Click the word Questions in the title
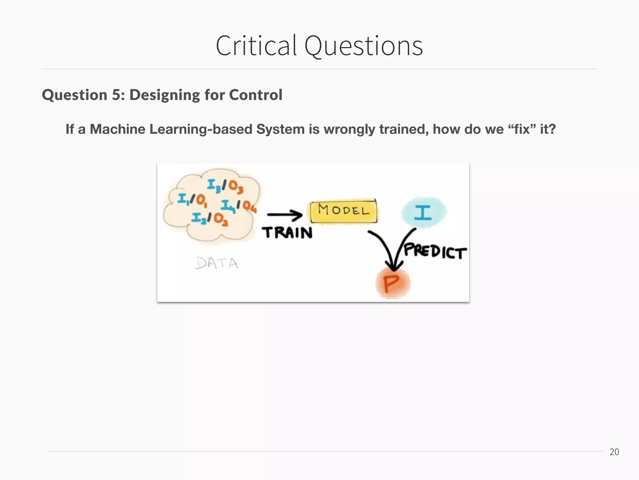(363, 46)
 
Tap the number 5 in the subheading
(116, 95)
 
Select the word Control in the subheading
(256, 95)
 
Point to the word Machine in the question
(118, 129)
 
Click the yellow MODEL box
(344, 211)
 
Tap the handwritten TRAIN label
(287, 232)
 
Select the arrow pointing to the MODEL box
(285, 215)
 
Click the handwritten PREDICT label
(435, 251)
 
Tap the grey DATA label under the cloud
(217, 263)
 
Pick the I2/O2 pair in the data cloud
(209, 218)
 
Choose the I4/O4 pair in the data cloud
(239, 205)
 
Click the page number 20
(614, 452)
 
